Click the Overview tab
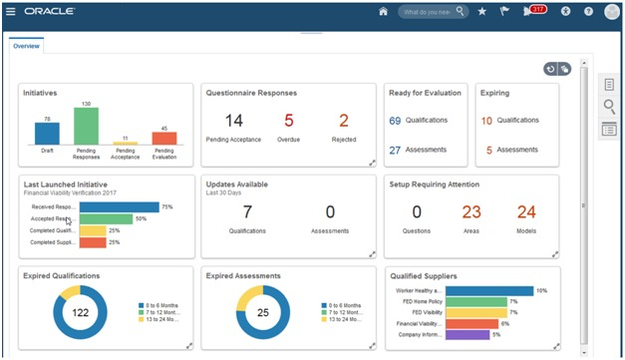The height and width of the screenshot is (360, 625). coord(26,46)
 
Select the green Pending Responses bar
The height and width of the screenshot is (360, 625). coord(86,126)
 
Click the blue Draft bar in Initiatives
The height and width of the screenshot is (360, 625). coord(47,134)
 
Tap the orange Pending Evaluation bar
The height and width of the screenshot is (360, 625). coord(163,138)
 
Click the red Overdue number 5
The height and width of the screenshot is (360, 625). coord(289,121)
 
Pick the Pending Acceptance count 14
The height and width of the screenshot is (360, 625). coord(233,121)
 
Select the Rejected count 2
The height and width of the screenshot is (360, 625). coord(344,121)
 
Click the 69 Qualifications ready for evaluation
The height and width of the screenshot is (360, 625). coord(395,120)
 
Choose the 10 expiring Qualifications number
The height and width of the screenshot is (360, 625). coord(486,120)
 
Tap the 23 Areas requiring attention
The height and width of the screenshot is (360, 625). coord(471,211)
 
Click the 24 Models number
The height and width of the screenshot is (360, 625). coord(526,211)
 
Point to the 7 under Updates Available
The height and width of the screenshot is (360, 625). coord(247,211)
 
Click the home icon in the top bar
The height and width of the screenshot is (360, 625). coord(383,12)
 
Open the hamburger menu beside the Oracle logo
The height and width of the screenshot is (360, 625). coord(10,12)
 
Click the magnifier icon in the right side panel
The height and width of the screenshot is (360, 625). coord(609,107)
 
